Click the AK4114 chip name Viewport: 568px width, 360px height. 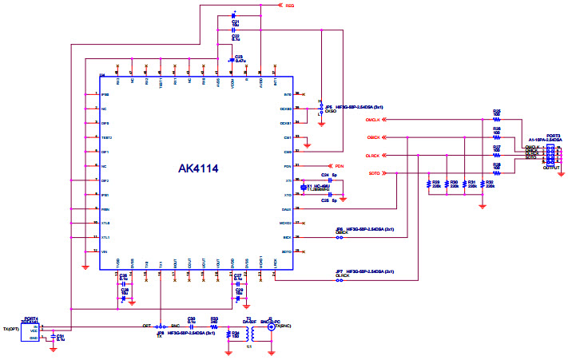point(198,168)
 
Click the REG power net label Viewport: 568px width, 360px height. point(290,6)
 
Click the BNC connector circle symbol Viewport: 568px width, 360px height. point(272,327)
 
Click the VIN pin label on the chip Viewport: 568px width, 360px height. point(104,251)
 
